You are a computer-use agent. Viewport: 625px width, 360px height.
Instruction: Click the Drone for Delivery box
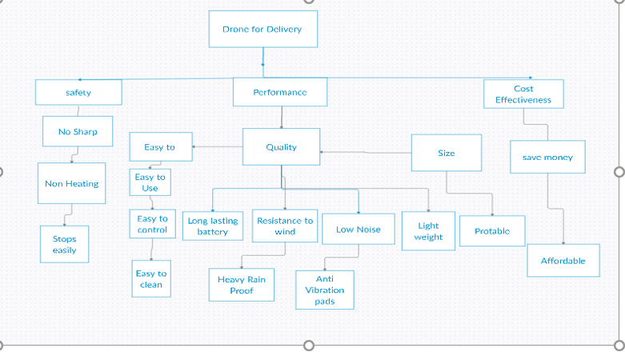click(x=262, y=29)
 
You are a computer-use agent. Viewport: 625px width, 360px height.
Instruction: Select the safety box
click(x=78, y=92)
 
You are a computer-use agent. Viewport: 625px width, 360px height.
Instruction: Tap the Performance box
click(x=279, y=92)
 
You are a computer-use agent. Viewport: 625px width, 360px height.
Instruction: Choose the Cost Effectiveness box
click(x=523, y=94)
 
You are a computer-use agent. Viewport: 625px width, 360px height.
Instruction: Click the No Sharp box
click(x=78, y=131)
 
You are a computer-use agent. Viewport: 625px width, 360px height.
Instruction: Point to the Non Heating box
click(x=72, y=183)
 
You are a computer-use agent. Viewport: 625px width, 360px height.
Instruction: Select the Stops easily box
click(x=65, y=244)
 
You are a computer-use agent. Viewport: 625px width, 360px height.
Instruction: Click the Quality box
click(x=281, y=147)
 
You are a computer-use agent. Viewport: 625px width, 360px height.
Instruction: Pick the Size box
click(x=446, y=153)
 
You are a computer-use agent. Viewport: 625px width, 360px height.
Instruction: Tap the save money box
click(x=547, y=158)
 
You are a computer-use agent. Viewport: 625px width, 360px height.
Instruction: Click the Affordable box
click(x=563, y=261)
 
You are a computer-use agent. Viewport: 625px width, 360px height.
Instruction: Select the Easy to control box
click(x=152, y=224)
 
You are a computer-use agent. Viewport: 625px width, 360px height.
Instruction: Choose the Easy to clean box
click(x=151, y=278)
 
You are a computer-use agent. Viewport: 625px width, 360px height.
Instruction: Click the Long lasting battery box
click(x=213, y=226)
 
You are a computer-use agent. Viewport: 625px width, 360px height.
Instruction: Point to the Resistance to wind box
click(x=285, y=226)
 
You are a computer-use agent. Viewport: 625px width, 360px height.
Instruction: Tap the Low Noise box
click(x=359, y=229)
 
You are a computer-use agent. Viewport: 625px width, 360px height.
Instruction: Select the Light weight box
click(x=428, y=231)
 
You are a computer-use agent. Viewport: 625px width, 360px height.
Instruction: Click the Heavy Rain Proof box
click(x=241, y=285)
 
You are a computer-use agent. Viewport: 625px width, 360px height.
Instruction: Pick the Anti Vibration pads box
click(x=324, y=290)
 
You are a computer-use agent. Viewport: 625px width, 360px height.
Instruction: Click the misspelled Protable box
click(x=492, y=230)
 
